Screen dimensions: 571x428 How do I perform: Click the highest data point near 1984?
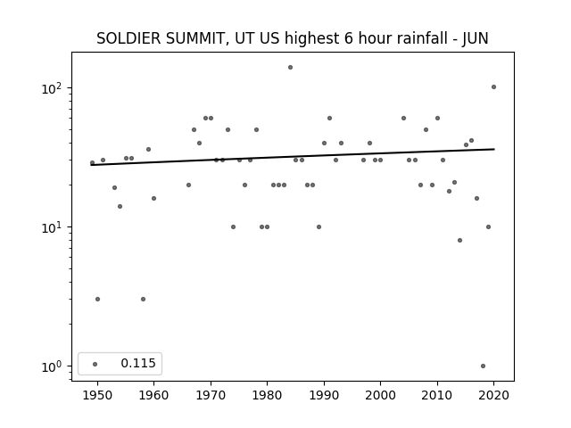pyautogui.click(x=290, y=68)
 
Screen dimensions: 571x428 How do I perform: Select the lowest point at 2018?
pyautogui.click(x=483, y=366)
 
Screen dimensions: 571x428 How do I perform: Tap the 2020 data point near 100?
pyautogui.click(x=493, y=87)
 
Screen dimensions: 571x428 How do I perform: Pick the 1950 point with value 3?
pyautogui.click(x=97, y=300)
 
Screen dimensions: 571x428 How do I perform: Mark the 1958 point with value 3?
pyautogui.click(x=143, y=300)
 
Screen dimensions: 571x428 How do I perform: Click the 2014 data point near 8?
pyautogui.click(x=460, y=240)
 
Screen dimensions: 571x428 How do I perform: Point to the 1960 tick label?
pyautogui.click(x=153, y=395)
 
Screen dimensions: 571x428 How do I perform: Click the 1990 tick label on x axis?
pyautogui.click(x=324, y=395)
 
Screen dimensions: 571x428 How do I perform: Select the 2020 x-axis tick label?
pyautogui.click(x=493, y=395)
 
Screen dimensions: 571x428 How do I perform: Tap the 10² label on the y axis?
pyautogui.click(x=52, y=88)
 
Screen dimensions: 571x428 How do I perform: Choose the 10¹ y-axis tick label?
pyautogui.click(x=52, y=228)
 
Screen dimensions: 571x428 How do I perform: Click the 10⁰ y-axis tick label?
pyautogui.click(x=52, y=366)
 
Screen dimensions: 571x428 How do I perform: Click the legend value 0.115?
pyautogui.click(x=138, y=363)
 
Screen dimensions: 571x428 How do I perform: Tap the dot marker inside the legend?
pyautogui.click(x=95, y=364)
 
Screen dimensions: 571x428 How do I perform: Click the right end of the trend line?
pyautogui.click(x=494, y=149)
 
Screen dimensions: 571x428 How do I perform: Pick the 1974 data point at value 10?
pyautogui.click(x=234, y=227)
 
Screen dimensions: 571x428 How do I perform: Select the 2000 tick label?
pyautogui.click(x=381, y=395)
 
